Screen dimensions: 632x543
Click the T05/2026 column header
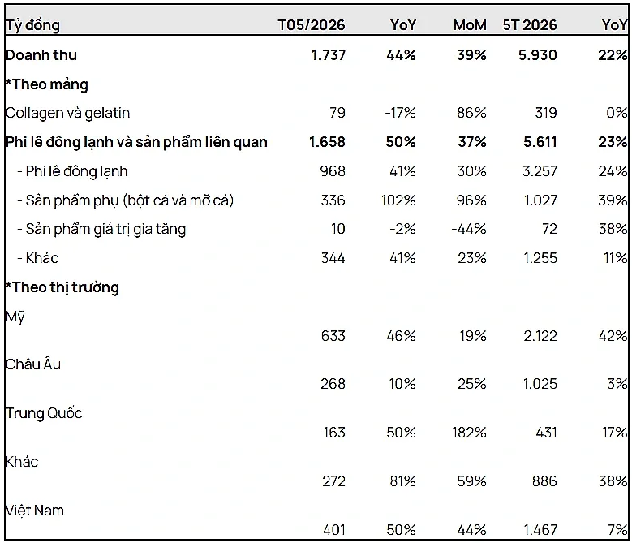312,25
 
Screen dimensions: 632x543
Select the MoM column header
470,25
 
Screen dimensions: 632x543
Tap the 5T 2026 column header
529,25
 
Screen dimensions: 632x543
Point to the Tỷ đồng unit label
32,25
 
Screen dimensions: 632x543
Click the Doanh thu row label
41,55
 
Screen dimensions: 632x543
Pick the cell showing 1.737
329,55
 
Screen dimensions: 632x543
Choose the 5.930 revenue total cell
537,55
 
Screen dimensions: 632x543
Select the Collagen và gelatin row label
67,113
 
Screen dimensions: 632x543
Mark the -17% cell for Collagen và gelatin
400,113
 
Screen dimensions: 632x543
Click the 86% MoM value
471,113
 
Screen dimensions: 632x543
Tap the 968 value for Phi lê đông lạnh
333,171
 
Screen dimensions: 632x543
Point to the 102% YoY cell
398,200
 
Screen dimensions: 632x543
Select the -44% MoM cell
469,229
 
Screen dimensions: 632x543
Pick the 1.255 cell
540,258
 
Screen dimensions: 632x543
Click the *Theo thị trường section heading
62,287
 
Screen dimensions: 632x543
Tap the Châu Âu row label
33,364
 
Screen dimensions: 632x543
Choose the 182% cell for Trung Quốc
469,433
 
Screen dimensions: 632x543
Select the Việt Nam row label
35,511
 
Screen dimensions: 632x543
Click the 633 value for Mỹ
333,336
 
